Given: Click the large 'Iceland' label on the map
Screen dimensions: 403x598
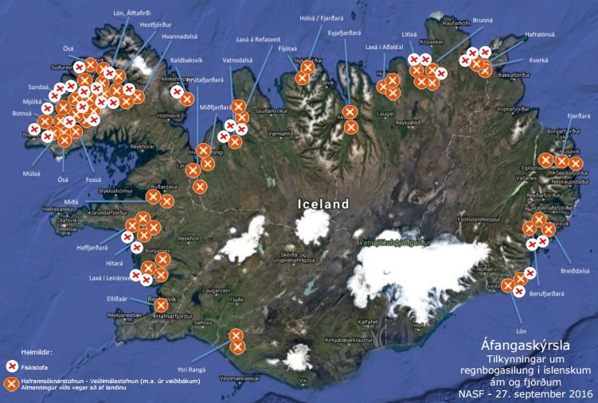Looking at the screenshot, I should pos(323,203).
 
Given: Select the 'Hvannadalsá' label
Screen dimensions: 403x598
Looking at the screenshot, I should pos(180,36).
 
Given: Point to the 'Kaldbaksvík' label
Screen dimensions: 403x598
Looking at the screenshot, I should pos(188,60).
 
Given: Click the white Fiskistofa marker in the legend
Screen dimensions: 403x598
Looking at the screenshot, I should pos(12,366).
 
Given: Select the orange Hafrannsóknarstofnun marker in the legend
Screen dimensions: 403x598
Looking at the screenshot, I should pos(12,384).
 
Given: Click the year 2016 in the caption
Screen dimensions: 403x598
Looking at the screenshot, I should pos(577,393).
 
